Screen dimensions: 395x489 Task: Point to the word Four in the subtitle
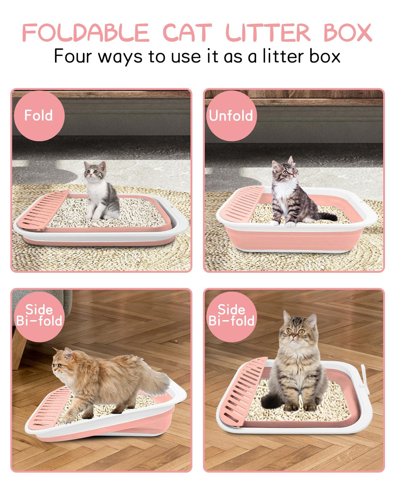pos(73,56)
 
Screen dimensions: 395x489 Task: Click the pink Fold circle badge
pos(39,116)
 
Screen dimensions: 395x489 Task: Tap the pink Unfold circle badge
pos(231,116)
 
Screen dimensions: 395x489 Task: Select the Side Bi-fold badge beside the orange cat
pos(39,317)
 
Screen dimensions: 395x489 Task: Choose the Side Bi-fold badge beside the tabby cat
pos(231,317)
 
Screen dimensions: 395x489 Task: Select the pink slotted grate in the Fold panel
pos(43,210)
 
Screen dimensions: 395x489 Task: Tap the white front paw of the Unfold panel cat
pos(291,224)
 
